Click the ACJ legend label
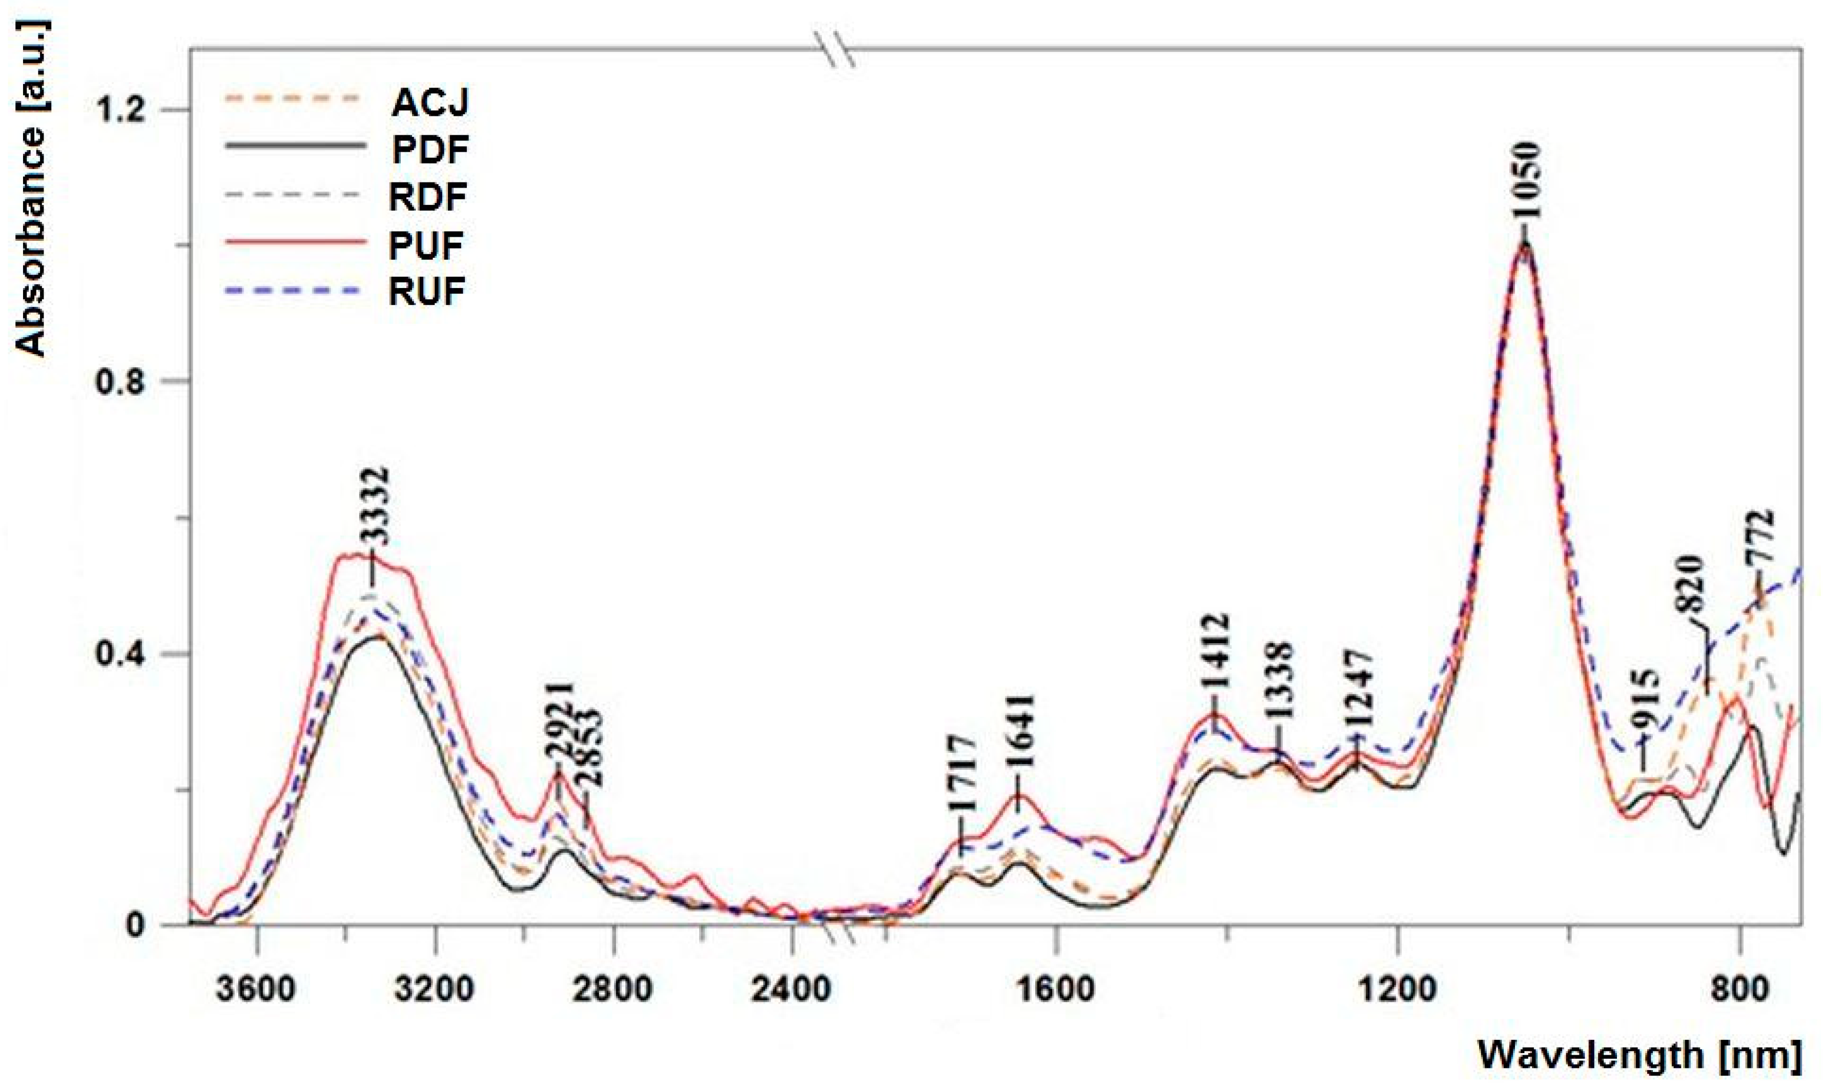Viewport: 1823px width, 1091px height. tap(430, 103)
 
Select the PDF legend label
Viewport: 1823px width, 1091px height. tap(430, 150)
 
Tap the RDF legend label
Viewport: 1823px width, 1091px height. tap(428, 197)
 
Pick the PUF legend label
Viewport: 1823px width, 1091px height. tap(426, 245)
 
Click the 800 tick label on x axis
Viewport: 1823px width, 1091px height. tap(1739, 989)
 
